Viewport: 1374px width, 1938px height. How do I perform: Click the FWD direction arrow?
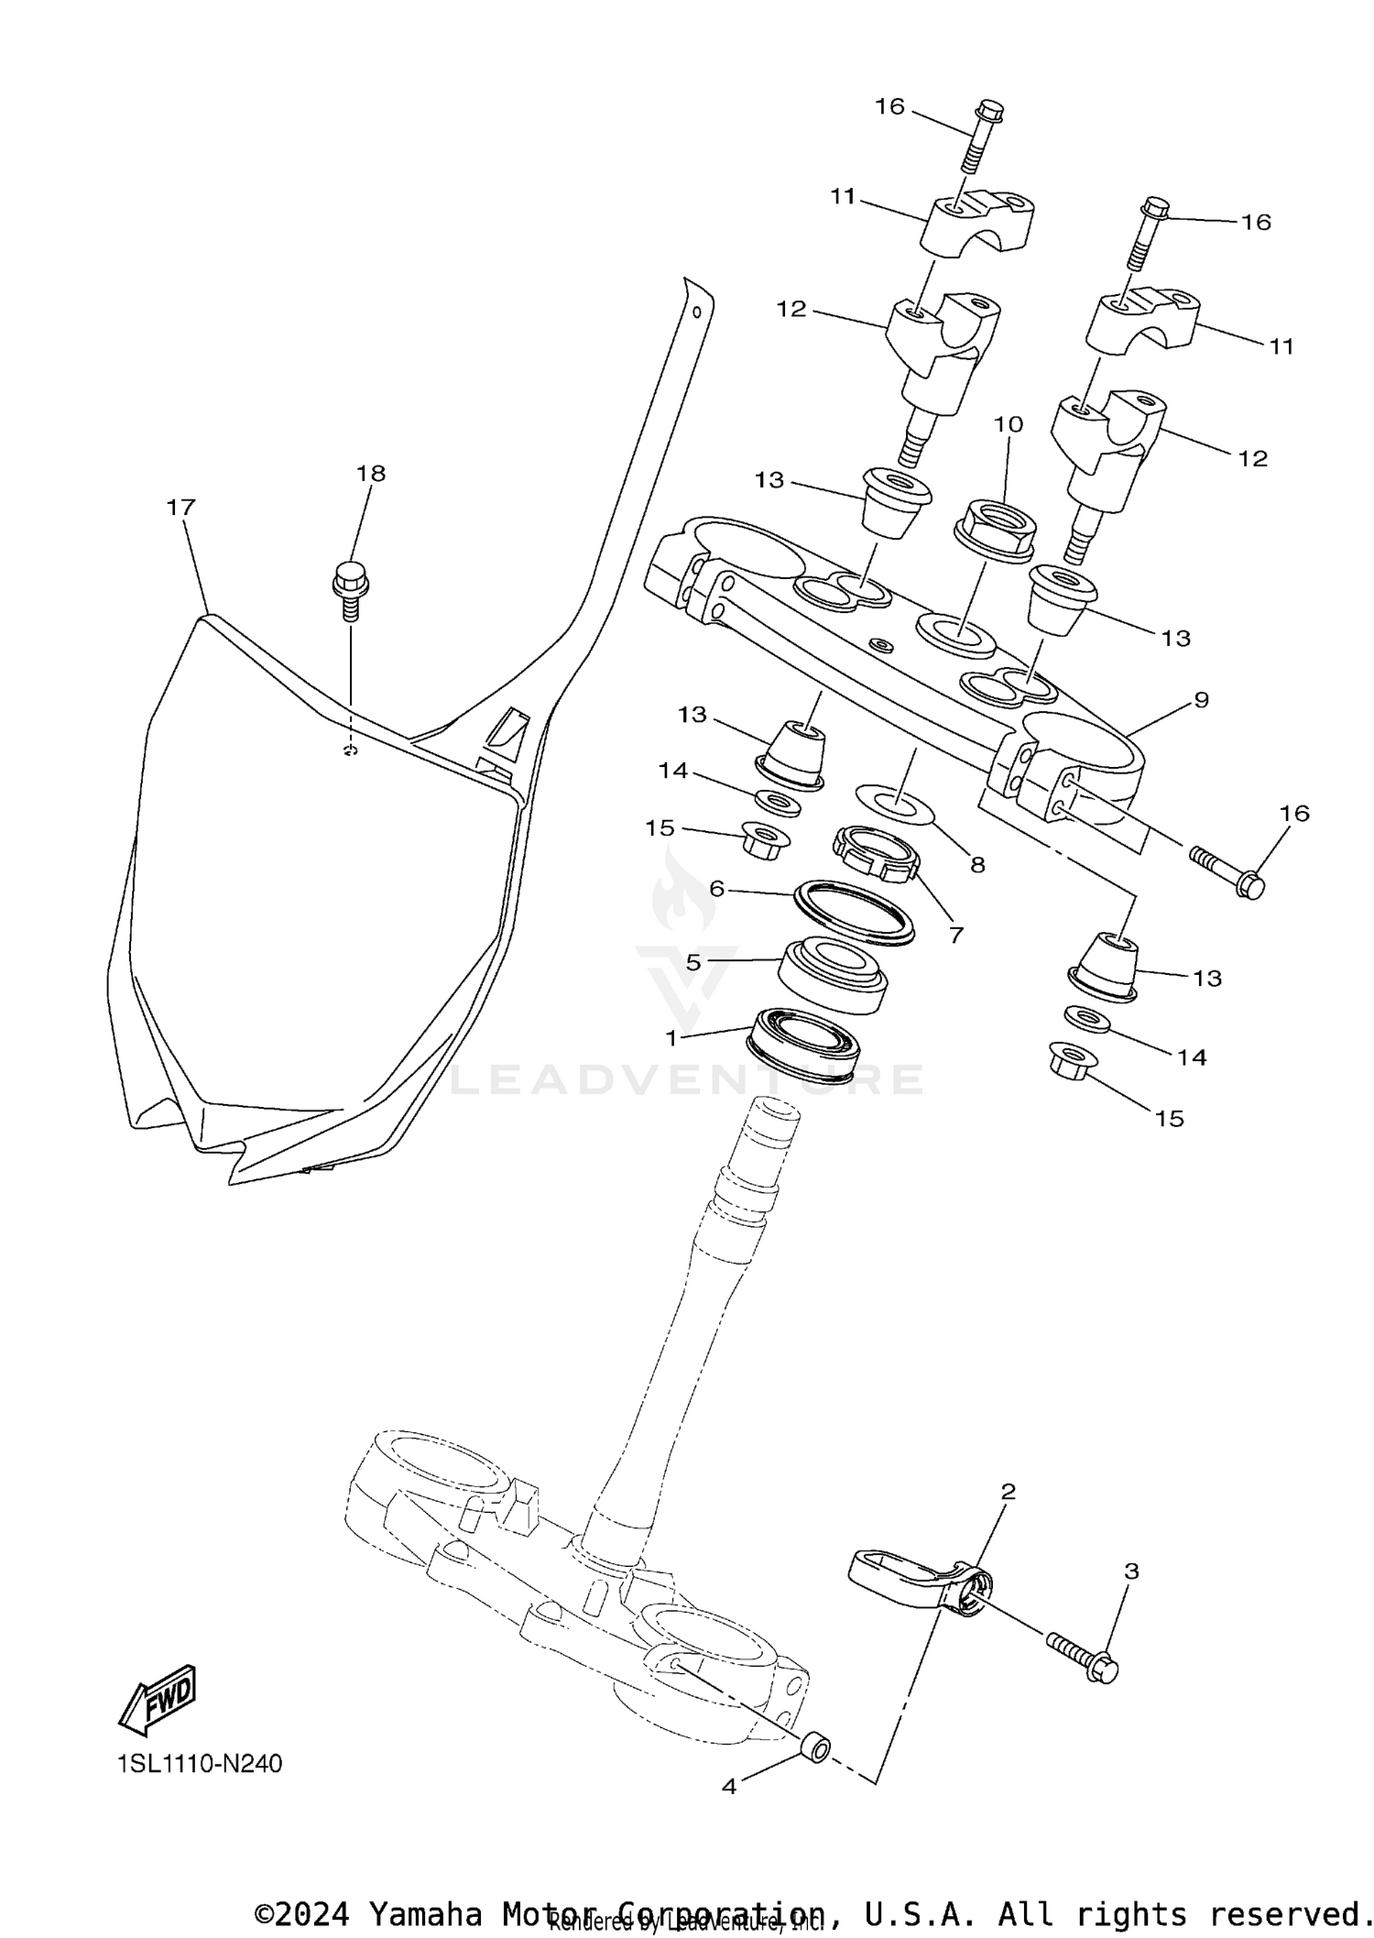(158, 1700)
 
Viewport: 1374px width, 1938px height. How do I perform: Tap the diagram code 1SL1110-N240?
(200, 1764)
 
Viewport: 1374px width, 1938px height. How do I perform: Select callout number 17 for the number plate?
(181, 507)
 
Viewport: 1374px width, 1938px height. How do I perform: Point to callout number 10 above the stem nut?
(1008, 424)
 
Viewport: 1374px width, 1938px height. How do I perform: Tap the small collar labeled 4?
(814, 1746)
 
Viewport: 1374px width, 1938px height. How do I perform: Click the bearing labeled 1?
(804, 1043)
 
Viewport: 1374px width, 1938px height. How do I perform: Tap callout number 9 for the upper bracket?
(1201, 700)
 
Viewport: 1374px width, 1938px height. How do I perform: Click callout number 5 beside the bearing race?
(693, 962)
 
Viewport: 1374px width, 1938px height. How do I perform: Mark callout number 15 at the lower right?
(1170, 1118)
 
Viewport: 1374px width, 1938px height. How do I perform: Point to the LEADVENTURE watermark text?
(687, 1079)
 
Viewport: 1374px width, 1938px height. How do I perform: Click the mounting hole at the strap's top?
(697, 312)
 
